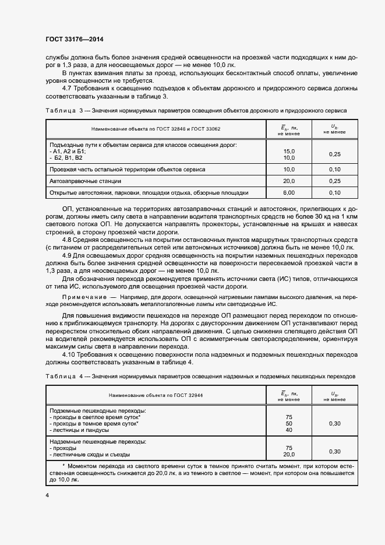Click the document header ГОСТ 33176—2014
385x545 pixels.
click(75, 40)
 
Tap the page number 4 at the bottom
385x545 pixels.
click(47, 495)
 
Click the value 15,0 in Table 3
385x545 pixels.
click(288, 151)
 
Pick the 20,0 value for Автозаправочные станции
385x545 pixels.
click(288, 181)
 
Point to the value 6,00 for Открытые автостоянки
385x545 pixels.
click(288, 192)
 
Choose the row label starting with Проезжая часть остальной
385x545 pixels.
click(127, 169)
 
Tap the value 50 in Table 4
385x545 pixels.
click(288, 423)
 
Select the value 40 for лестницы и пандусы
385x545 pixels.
click(288, 430)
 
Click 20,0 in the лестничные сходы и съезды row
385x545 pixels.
click(288, 455)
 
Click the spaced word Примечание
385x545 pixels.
click(82, 297)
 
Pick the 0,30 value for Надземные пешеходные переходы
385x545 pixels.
click(334, 451)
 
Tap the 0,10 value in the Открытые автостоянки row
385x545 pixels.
click(334, 192)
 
